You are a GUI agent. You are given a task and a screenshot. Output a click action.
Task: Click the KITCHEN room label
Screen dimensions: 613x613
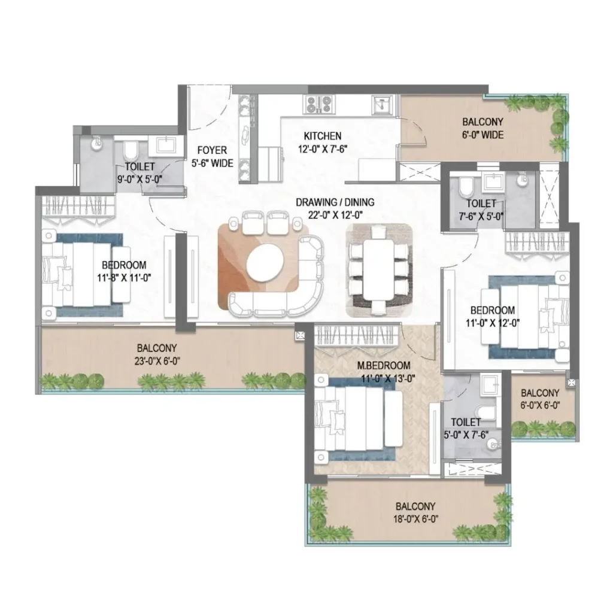click(323, 136)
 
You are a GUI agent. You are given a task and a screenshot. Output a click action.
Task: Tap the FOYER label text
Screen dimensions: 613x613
click(212, 150)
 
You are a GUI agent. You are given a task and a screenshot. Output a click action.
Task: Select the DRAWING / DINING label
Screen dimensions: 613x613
click(335, 202)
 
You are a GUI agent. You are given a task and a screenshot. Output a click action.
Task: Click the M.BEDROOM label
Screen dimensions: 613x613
click(384, 366)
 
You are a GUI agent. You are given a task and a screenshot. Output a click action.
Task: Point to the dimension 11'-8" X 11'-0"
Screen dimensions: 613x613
click(125, 278)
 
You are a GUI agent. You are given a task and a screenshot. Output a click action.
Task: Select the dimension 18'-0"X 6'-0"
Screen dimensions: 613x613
click(415, 519)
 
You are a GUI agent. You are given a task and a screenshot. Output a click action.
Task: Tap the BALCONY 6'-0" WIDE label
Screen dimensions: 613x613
click(483, 128)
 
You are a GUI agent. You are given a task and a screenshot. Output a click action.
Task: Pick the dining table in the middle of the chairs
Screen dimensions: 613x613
click(378, 270)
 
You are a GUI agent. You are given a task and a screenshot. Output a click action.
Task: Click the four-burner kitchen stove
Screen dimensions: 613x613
click(320, 104)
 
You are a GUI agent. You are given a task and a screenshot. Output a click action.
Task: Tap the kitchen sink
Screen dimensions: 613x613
click(380, 105)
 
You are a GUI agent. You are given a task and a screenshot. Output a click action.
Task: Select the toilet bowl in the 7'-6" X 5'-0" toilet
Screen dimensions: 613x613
click(466, 187)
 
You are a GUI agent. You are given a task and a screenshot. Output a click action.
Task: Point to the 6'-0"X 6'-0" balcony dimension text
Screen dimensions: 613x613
click(540, 405)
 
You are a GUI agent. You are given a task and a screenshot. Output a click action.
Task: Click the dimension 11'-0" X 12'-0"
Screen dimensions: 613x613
click(493, 323)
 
